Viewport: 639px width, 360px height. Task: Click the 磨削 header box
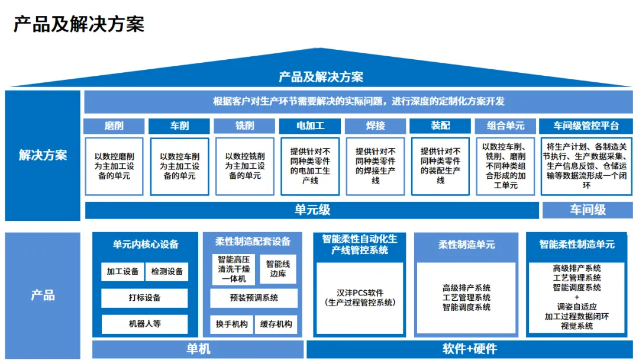pos(114,126)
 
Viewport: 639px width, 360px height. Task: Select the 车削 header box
pos(179,126)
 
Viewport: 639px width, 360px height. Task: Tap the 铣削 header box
pos(244,126)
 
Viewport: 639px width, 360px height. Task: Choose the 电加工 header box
pos(310,126)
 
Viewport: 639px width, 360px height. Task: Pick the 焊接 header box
pos(375,126)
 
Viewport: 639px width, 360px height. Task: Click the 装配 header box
pos(440,126)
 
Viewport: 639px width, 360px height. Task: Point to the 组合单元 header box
pos(505,126)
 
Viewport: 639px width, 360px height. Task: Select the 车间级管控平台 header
pos(586,126)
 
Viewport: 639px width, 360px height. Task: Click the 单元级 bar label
pos(312,210)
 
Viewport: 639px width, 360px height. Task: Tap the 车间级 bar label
pos(588,210)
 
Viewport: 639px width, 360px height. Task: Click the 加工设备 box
pos(122,271)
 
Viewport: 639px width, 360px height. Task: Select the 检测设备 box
pos(167,271)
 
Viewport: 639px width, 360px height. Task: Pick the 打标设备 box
pos(144,298)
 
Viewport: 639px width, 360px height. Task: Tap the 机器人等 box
pos(144,324)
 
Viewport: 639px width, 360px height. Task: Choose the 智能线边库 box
pos(278,269)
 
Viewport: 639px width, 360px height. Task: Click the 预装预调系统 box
pos(254,298)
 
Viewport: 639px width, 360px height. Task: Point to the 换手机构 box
pos(232,324)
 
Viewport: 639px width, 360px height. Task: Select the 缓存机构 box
pos(276,324)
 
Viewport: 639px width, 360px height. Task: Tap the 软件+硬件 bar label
pos(470,349)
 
